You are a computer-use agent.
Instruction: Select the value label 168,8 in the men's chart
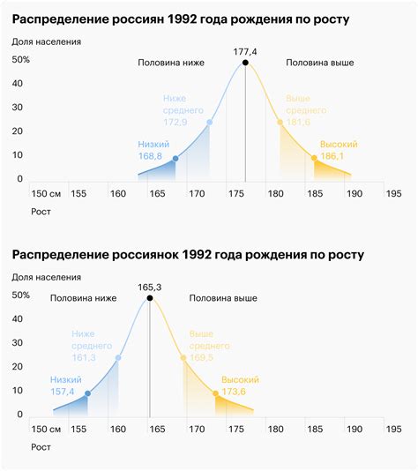click(151, 156)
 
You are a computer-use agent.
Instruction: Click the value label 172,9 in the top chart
click(175, 122)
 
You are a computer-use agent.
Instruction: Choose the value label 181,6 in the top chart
click(301, 122)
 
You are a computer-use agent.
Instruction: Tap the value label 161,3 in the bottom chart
click(84, 358)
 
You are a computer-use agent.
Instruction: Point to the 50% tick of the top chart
click(21, 60)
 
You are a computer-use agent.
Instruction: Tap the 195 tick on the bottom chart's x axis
click(393, 430)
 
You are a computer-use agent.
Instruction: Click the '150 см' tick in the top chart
click(46, 194)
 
